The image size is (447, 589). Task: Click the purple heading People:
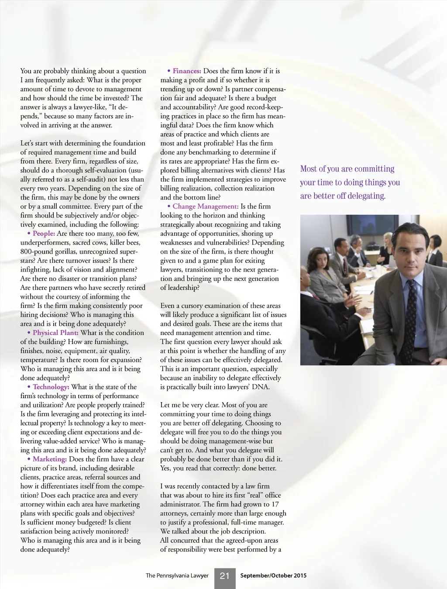point(44,234)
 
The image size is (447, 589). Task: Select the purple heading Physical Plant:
point(55,333)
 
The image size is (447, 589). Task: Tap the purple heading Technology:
point(51,387)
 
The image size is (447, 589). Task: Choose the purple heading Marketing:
point(49,459)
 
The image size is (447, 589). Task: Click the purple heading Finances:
point(187,71)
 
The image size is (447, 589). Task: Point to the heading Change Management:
point(205,207)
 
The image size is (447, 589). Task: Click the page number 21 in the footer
point(225,576)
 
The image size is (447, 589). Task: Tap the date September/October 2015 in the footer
point(273,575)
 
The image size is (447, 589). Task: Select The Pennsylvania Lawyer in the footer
point(177,575)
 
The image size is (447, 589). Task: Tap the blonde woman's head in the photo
point(388,238)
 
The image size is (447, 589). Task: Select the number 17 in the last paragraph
point(275,504)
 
